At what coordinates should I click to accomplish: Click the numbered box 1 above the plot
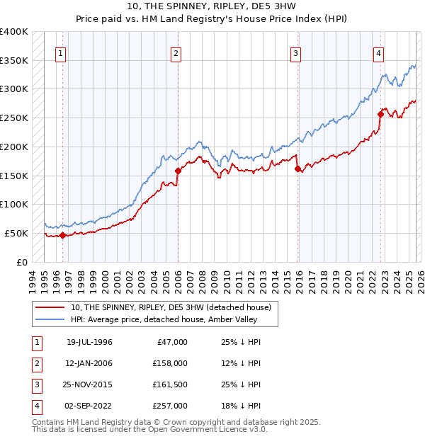61,53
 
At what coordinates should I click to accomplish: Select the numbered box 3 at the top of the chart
295,53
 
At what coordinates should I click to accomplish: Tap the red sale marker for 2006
178,171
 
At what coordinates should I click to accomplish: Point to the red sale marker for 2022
380,114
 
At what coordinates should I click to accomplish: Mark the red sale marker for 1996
62,235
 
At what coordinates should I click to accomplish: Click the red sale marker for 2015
297,169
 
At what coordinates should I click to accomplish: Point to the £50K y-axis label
16,233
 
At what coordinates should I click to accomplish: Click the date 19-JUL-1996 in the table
89,342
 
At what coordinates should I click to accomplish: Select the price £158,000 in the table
171,363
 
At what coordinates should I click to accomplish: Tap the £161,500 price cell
171,384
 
